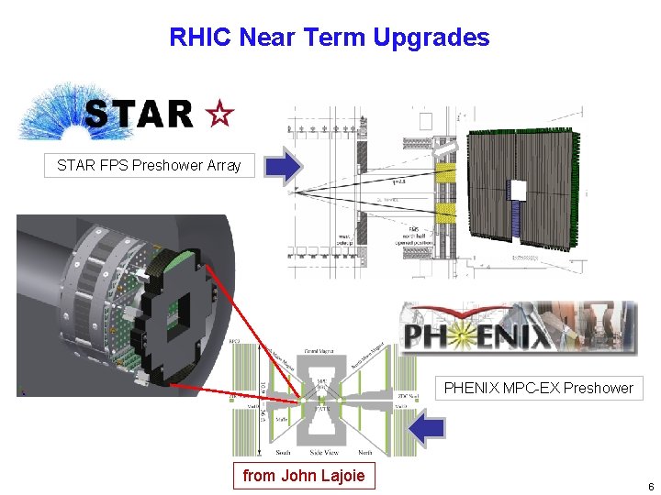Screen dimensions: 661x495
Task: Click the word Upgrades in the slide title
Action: (431, 38)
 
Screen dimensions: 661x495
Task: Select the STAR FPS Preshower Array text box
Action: (149, 166)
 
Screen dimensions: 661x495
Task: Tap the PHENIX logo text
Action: (477, 334)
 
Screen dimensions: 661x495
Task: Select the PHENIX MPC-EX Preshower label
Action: (538, 388)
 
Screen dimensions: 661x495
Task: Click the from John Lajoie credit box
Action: (303, 475)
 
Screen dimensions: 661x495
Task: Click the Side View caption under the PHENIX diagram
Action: (323, 453)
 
